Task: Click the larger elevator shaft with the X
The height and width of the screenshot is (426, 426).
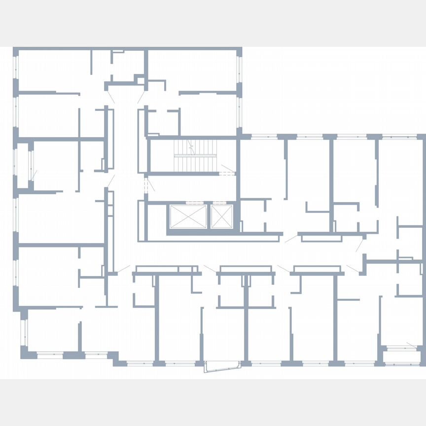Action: point(188,216)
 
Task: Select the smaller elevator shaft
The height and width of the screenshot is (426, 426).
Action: point(221,216)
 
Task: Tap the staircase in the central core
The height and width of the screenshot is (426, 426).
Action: point(195,155)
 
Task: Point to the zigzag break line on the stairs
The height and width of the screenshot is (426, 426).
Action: point(191,146)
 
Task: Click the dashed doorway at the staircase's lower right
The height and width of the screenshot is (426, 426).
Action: point(227,173)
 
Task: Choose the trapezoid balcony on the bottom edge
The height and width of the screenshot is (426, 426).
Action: point(221,368)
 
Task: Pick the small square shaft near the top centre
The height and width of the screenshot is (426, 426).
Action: point(140,81)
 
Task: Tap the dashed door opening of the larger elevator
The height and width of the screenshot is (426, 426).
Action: point(188,202)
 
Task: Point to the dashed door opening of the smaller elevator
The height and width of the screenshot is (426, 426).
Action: point(221,202)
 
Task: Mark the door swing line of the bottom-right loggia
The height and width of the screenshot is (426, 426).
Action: point(411,344)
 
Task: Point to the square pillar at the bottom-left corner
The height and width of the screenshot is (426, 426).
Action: point(24,352)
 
